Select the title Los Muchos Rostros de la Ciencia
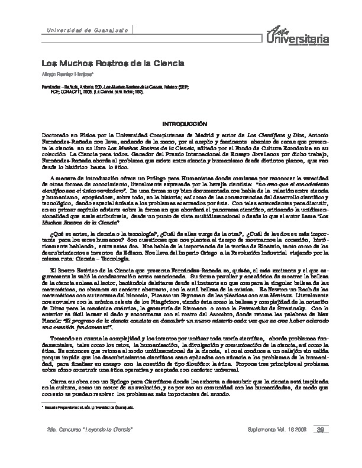112,63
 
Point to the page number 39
319,445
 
